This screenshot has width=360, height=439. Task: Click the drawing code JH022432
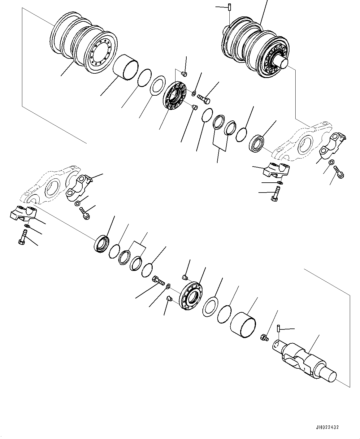(327, 427)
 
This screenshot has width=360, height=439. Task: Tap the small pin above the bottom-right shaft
(279, 327)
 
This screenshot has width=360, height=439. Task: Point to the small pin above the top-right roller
(230, 7)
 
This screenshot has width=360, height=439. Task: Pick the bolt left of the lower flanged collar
(158, 281)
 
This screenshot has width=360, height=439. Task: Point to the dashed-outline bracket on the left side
(50, 186)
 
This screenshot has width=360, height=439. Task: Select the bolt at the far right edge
(338, 172)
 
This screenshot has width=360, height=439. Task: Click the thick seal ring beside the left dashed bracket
(101, 243)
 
